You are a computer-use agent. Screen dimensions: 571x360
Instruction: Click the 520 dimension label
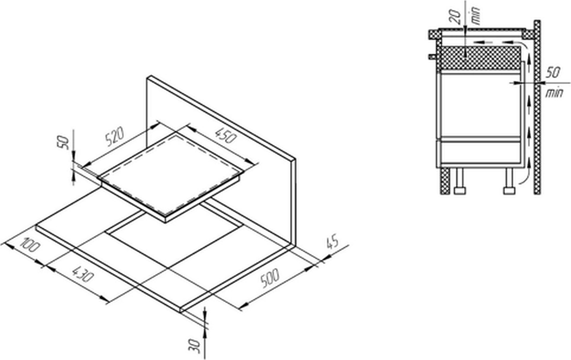pos(114,136)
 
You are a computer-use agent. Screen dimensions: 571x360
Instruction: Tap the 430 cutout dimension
pos(83,274)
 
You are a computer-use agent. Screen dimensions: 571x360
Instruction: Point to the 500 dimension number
pos(270,278)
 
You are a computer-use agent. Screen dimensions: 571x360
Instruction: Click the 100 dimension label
pos(30,244)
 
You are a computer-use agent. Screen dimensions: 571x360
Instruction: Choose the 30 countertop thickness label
pos(195,346)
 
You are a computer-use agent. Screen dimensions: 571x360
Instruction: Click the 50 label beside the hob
pos(63,143)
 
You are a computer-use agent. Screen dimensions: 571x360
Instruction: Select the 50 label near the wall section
pos(552,72)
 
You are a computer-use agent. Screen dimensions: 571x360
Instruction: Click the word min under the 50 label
pos(554,94)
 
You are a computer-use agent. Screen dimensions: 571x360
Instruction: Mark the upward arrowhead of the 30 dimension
pos(205,333)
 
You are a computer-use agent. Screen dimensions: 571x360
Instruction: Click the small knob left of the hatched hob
pos(432,56)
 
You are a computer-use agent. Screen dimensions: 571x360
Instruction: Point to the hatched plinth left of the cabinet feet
pos(445,181)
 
